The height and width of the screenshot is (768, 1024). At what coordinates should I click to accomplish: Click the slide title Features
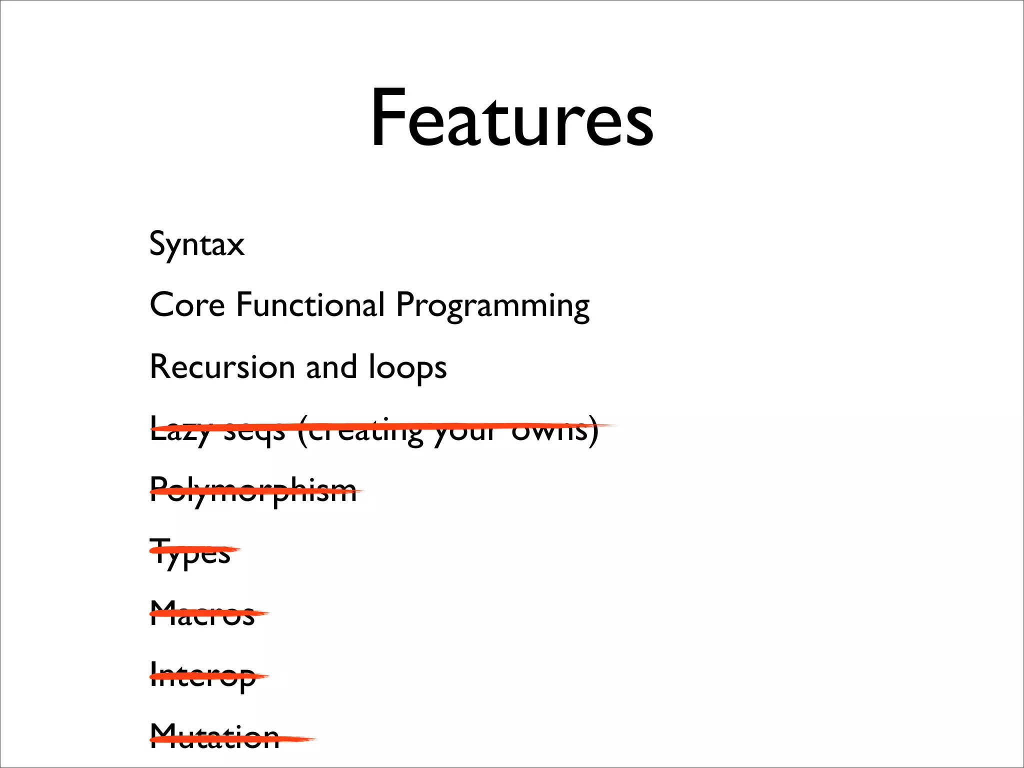[x=511, y=118]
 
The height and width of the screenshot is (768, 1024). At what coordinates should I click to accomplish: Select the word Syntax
[x=197, y=244]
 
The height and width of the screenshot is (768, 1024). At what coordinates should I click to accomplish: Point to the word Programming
[x=492, y=306]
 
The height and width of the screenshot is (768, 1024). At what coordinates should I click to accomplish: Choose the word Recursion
[x=222, y=367]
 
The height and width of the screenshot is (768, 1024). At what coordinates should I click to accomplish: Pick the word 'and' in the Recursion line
[x=331, y=367]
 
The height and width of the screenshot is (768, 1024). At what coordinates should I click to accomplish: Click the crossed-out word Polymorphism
[x=253, y=490]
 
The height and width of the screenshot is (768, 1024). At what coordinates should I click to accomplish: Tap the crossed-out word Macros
[x=202, y=614]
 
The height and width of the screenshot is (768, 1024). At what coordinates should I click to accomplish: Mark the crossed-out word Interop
[x=202, y=676]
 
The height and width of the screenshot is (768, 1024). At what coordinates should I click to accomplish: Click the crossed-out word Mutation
[x=214, y=737]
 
